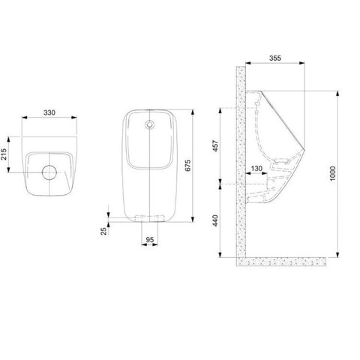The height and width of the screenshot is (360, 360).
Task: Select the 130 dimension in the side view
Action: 257,169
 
